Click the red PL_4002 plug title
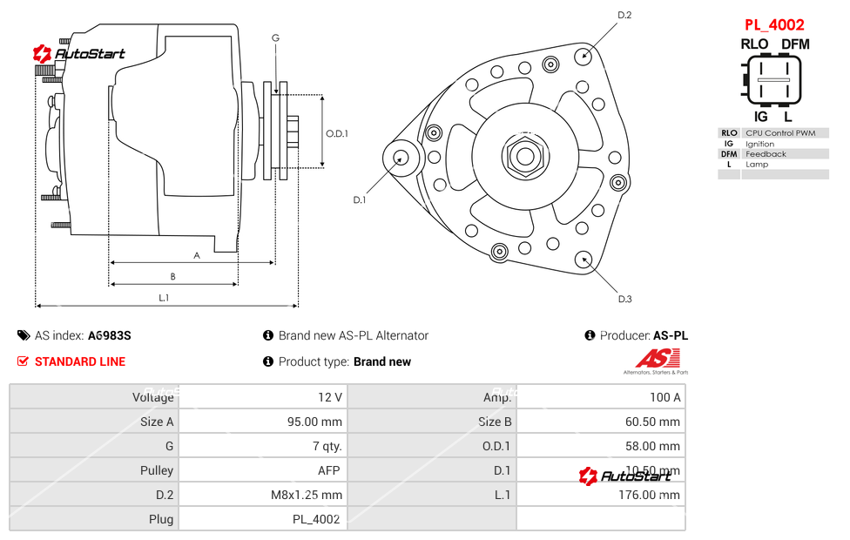(x=773, y=25)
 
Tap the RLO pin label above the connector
(x=754, y=44)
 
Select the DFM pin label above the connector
(x=794, y=44)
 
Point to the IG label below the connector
(x=760, y=116)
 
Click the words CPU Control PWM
(x=780, y=133)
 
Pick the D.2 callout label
(x=624, y=15)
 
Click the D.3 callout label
(x=624, y=299)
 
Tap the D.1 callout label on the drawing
(x=359, y=200)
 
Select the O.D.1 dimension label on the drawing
(x=337, y=133)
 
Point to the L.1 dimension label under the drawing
(x=164, y=298)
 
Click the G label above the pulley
(x=275, y=37)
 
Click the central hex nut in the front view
(x=525, y=157)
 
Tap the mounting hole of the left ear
(x=401, y=158)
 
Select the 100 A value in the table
(x=665, y=397)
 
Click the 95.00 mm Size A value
(x=319, y=422)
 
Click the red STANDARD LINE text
(x=80, y=361)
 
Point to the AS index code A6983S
(x=109, y=335)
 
